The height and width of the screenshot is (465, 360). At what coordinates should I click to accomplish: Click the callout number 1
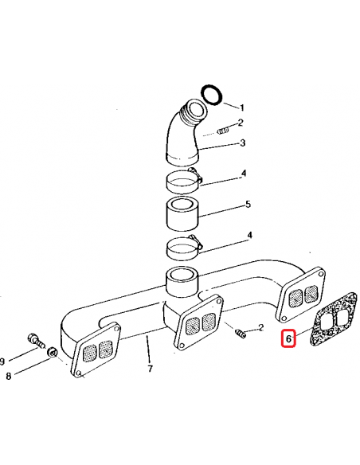click(x=242, y=108)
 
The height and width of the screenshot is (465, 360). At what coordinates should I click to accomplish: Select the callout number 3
click(x=243, y=143)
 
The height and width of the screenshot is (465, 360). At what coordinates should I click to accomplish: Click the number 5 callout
click(x=248, y=205)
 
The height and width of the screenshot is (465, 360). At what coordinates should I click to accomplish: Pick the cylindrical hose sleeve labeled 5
click(x=182, y=214)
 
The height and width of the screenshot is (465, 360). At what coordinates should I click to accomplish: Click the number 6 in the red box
click(x=288, y=338)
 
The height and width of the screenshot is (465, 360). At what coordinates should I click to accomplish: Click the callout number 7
click(x=150, y=369)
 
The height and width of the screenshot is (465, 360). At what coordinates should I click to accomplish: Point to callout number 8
click(x=8, y=376)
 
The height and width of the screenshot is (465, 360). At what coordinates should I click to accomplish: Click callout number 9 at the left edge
click(x=2, y=361)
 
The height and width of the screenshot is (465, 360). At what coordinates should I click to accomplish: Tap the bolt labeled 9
click(x=36, y=341)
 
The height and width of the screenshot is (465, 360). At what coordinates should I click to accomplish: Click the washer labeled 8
click(x=53, y=351)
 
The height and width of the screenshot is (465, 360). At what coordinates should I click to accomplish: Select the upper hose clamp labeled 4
click(x=184, y=182)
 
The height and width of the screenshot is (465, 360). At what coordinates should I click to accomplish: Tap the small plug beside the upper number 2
click(x=223, y=131)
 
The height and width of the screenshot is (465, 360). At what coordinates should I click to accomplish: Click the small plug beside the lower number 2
click(x=241, y=334)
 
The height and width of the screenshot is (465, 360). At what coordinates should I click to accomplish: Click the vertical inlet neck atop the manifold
click(x=182, y=283)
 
